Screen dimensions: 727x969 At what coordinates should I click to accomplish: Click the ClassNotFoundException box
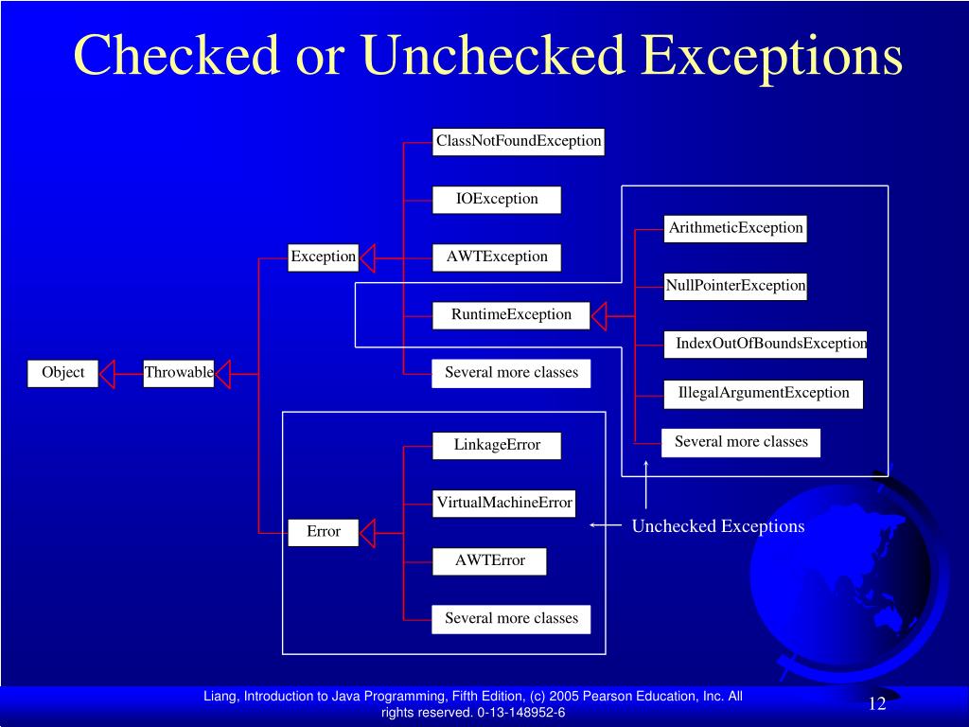click(x=519, y=142)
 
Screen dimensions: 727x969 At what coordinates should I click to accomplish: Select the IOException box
click(x=497, y=200)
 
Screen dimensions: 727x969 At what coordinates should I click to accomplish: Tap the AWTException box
click(x=497, y=257)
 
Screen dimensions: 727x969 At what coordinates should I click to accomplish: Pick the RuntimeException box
click(x=511, y=315)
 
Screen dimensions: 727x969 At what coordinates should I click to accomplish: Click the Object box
click(x=63, y=373)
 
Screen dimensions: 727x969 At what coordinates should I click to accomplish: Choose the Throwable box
click(x=179, y=373)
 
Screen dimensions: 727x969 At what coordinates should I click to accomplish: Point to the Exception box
click(x=323, y=257)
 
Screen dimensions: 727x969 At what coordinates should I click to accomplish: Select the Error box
click(x=323, y=532)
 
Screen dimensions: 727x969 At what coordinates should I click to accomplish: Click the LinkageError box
click(x=497, y=445)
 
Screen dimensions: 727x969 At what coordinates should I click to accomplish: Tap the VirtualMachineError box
click(x=504, y=504)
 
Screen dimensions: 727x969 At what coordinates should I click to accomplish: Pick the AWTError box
click(x=489, y=561)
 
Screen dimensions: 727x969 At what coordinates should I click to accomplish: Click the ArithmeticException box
click(x=735, y=228)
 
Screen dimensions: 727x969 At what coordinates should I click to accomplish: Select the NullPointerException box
click(x=735, y=286)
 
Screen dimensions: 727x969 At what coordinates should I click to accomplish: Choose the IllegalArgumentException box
click(x=764, y=393)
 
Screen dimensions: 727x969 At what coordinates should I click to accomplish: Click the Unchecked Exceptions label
click(x=718, y=526)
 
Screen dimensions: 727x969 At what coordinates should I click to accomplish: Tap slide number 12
click(x=876, y=703)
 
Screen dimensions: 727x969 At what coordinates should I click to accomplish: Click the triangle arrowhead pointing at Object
click(x=107, y=374)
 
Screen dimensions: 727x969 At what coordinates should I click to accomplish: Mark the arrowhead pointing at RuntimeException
click(x=601, y=315)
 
